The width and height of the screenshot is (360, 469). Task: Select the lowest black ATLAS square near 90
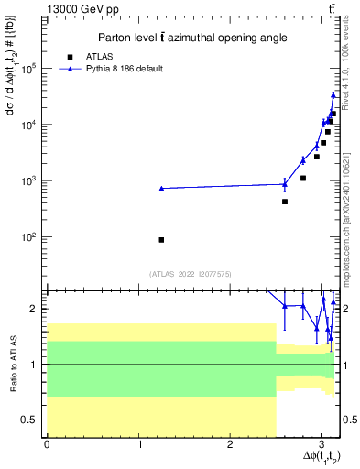pyautogui.click(x=161, y=239)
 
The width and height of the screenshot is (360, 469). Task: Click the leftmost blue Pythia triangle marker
pyautogui.click(x=161, y=188)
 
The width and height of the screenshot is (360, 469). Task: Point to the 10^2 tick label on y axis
pyautogui.click(x=29, y=236)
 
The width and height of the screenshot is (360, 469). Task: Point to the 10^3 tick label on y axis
pyautogui.click(x=29, y=180)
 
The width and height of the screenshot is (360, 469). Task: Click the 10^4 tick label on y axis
pyautogui.click(x=29, y=124)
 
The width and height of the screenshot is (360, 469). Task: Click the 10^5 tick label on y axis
pyautogui.click(x=29, y=68)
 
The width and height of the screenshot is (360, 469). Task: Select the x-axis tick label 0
pyautogui.click(x=47, y=445)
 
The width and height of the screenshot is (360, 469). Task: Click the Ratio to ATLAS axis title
pyautogui.click(x=14, y=364)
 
